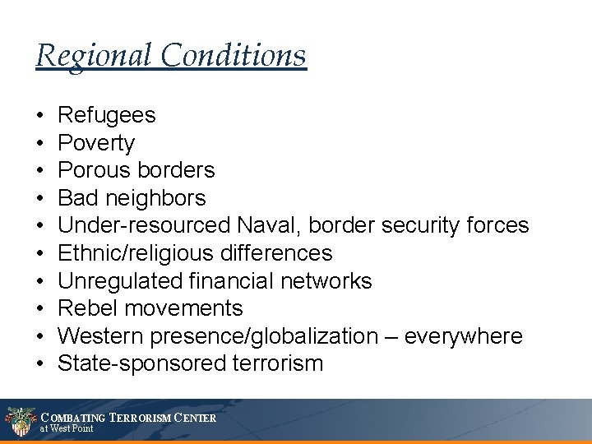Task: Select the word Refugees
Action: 106,115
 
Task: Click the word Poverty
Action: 96,143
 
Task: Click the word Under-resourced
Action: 144,225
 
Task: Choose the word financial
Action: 238,280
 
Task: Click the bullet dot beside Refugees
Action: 40,116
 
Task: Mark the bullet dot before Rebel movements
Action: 40,309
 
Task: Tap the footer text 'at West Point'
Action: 67,428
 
